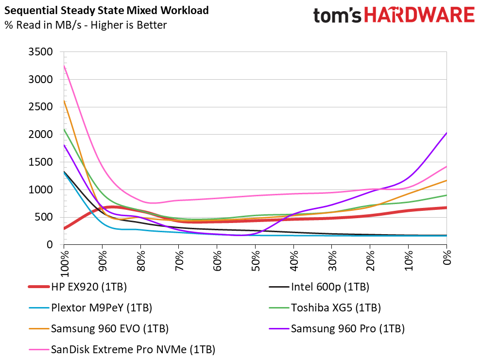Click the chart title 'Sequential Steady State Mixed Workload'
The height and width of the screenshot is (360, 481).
point(106,10)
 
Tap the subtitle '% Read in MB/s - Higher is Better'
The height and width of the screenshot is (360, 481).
point(86,25)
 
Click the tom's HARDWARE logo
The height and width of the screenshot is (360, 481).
point(394,16)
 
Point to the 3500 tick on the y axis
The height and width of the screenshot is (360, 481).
point(40,52)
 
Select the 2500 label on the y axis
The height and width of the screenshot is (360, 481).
point(40,107)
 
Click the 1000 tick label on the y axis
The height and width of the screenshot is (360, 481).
point(40,190)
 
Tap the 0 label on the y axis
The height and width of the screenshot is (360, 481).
point(50,245)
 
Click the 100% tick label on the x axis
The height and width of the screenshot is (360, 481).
point(65,264)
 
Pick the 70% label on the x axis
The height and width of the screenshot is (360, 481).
point(179,260)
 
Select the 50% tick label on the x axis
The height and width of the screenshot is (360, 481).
point(256,260)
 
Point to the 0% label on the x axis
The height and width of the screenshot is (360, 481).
point(447,257)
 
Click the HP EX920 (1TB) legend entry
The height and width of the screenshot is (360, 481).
point(77,287)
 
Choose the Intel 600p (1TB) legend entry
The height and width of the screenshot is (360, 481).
point(319,287)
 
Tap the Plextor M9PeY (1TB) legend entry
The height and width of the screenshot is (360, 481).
point(90,308)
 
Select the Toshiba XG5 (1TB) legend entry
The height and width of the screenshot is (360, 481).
point(325,308)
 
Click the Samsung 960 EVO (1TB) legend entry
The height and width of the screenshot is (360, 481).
point(99,329)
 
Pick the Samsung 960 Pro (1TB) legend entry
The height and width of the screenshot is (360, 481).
point(337,329)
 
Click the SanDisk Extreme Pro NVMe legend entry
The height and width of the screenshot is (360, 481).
point(122,350)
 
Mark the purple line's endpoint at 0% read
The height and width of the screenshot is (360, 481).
point(447,133)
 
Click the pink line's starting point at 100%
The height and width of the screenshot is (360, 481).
point(64,65)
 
